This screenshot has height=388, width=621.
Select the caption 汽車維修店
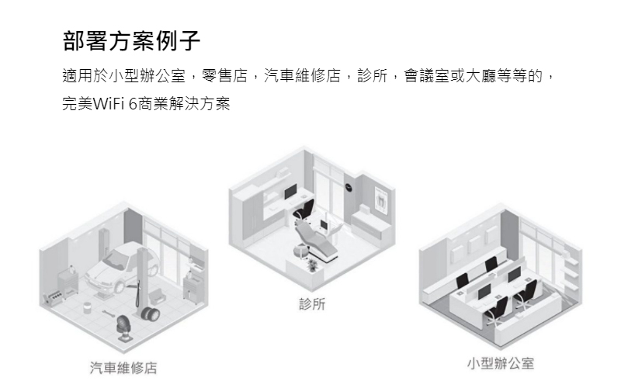pyautogui.click(x=123, y=367)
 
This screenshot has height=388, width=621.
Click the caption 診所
pyautogui.click(x=312, y=305)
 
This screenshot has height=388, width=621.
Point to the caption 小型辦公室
pyautogui.click(x=501, y=364)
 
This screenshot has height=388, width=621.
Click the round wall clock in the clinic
pyautogui.click(x=348, y=186)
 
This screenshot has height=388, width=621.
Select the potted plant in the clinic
pyautogui.click(x=313, y=265)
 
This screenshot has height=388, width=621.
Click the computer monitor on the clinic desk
pyautogui.click(x=290, y=191)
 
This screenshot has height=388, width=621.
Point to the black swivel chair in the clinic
pyautogui.click(x=305, y=208)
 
